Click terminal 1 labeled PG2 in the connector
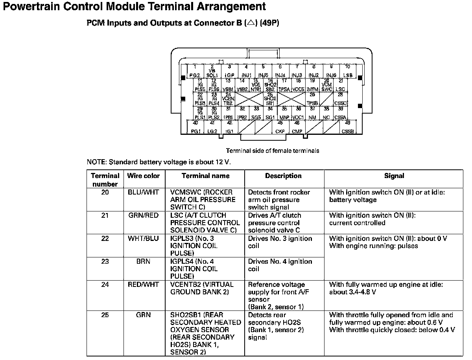pyautogui.click(x=195, y=71)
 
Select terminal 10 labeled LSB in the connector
pyautogui.click(x=348, y=71)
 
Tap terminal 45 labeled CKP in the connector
pyautogui.click(x=280, y=127)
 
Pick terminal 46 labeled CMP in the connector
pyautogui.click(x=297, y=127)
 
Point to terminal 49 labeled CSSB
pyautogui.click(x=348, y=127)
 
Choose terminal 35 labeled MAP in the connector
pyautogui.click(x=284, y=113)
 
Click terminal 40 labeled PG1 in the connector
pyautogui.click(x=195, y=127)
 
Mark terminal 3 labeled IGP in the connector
pyautogui.click(x=229, y=71)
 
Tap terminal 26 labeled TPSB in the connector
pyautogui.click(x=312, y=99)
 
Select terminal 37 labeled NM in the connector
pyautogui.click(x=312, y=113)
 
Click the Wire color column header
pyautogui.click(x=143, y=176)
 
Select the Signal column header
pyautogui.click(x=394, y=176)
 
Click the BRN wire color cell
pyautogui.click(x=143, y=261)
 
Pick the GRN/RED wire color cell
pyautogui.click(x=143, y=215)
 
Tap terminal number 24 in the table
pyautogui.click(x=105, y=285)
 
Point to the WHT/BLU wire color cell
pyautogui.click(x=143, y=239)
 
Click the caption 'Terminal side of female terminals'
pyautogui.click(x=272, y=151)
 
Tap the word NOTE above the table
pyautogui.click(x=96, y=162)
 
